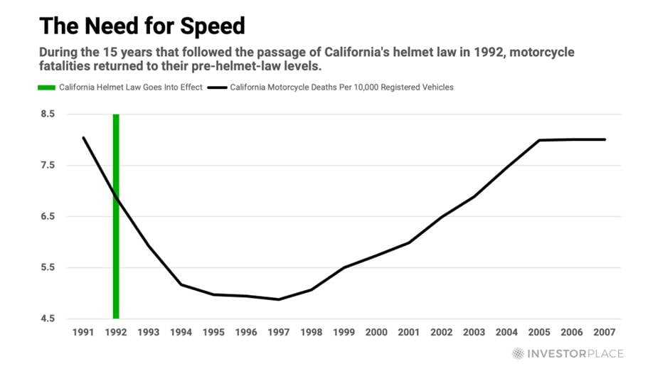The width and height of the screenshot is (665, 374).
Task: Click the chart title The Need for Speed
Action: [142, 26]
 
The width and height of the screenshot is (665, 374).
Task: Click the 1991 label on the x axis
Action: [83, 332]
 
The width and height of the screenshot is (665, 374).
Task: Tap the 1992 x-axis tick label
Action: [116, 332]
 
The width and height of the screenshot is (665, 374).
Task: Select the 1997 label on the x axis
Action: [279, 332]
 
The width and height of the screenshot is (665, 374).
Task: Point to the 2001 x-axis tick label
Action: [409, 332]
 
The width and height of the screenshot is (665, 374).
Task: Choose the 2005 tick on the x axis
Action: [539, 332]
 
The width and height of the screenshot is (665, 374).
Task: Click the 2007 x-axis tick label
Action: [605, 332]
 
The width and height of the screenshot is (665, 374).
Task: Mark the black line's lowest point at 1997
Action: [279, 299]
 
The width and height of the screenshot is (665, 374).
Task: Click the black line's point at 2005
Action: [539, 140]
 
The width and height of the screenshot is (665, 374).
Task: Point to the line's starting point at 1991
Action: [83, 137]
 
